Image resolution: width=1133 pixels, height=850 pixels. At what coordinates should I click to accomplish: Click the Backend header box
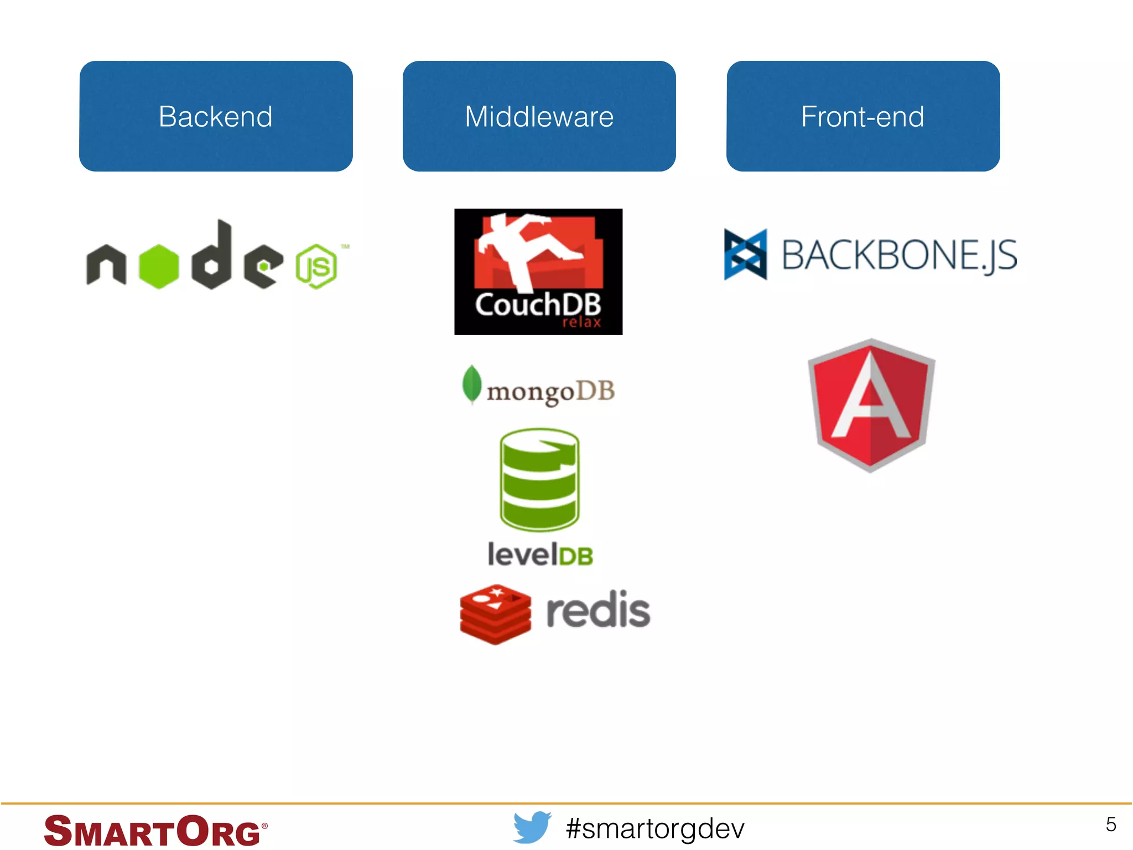point(216,116)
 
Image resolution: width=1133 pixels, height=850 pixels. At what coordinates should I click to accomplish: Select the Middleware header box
point(539,116)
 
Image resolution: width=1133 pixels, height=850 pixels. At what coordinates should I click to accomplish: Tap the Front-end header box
point(862,116)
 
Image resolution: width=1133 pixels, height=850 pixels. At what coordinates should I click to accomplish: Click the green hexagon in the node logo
point(159,266)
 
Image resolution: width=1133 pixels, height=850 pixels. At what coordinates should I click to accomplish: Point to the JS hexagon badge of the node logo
point(316,266)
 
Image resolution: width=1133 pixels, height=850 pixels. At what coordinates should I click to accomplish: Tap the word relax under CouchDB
point(581,322)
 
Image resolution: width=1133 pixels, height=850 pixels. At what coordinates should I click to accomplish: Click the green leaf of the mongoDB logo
point(471,383)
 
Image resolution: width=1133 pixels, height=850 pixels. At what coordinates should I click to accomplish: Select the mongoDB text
point(550,392)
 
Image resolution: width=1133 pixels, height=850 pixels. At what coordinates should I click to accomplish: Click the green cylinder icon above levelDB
point(539,479)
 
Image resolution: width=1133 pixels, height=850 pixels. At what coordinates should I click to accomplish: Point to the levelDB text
point(540,554)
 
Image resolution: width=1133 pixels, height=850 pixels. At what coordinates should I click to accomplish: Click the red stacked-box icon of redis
point(495,614)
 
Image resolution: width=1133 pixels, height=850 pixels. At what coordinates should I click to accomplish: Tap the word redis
point(598,610)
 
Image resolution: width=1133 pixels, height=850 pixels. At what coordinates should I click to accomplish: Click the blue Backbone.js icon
point(745,255)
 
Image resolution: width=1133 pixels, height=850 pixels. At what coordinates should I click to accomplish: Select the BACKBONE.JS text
point(899,256)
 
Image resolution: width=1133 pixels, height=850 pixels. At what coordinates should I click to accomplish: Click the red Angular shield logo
point(871,405)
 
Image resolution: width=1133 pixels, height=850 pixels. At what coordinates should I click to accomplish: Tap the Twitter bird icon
point(532,827)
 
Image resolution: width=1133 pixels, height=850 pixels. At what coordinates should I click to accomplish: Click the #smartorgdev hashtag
point(655,828)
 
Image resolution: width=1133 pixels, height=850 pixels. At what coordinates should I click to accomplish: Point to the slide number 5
point(1111,825)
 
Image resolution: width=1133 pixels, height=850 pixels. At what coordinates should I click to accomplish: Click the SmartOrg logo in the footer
point(155,831)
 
